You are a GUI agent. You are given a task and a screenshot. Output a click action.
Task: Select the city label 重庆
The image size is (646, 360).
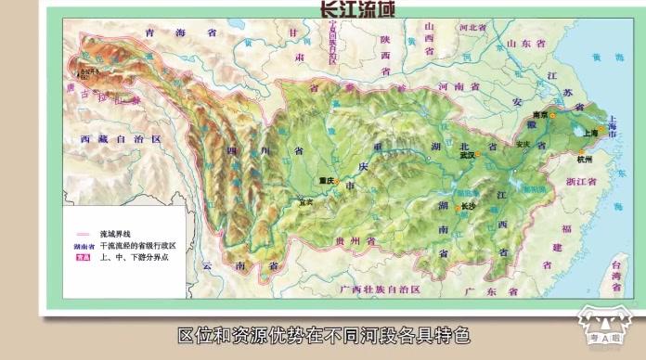coord(324,181)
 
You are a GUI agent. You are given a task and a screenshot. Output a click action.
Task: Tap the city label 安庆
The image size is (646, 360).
coord(523,144)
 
